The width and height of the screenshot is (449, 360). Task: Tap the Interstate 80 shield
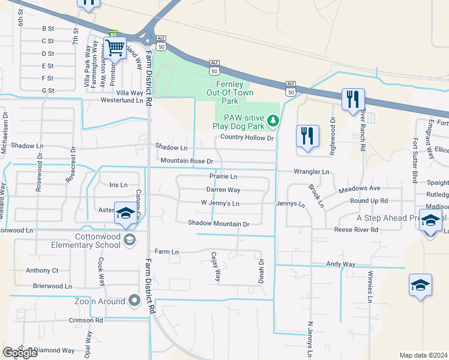point(113,34)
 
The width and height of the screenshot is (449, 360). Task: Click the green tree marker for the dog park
point(273,122)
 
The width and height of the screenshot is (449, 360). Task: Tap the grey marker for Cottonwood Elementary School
point(128,241)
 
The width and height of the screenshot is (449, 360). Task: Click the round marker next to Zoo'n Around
point(135,300)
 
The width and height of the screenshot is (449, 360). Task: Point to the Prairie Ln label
point(223,177)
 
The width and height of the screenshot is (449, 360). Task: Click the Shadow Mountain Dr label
point(218,224)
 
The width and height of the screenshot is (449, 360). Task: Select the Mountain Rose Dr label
point(187,161)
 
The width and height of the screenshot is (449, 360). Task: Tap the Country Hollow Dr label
point(247,137)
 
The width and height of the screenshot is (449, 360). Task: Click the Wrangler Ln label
point(311,172)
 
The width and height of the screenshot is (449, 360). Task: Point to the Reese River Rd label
point(356,230)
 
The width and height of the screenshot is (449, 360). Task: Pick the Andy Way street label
point(340,264)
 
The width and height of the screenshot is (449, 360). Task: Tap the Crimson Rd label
point(86,320)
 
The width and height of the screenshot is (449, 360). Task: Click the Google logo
point(20,353)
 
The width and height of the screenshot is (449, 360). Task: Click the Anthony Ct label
point(42,271)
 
